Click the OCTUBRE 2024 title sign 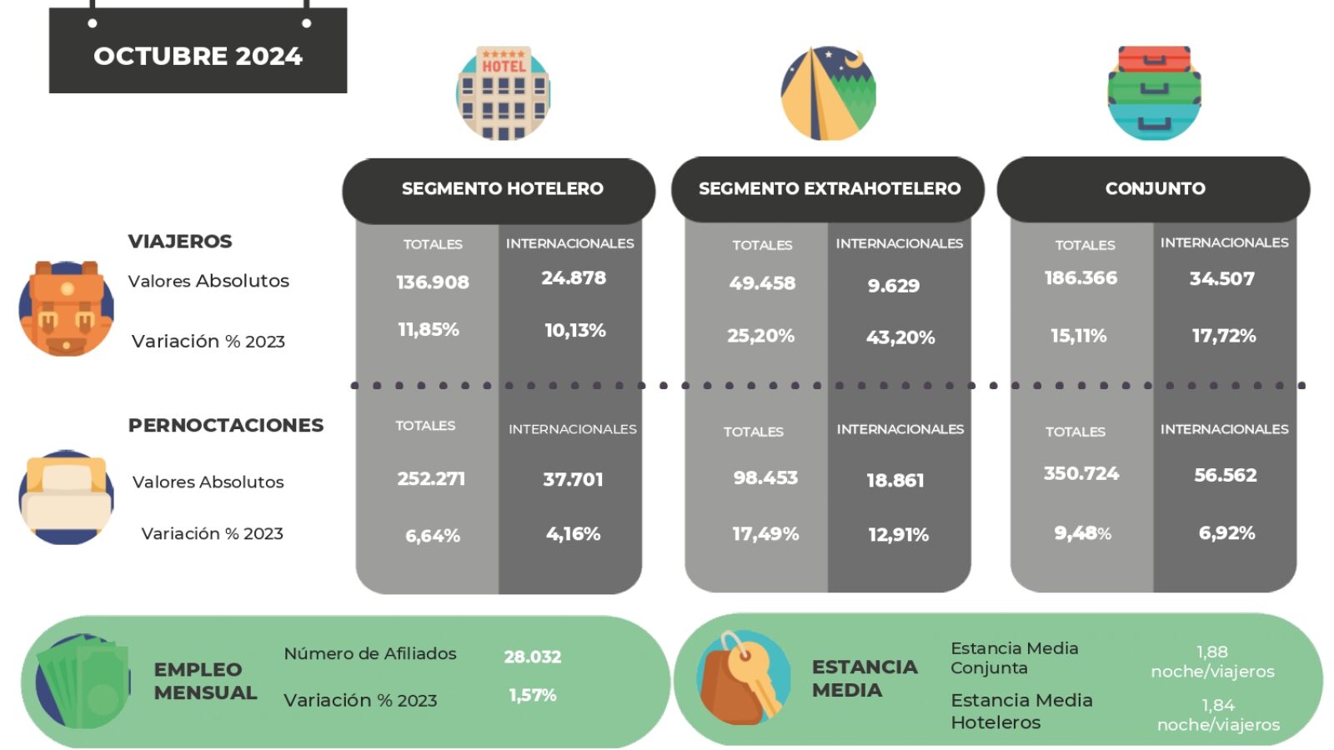point(198,55)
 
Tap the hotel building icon point(503,93)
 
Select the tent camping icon point(828,93)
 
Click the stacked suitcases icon point(1154,92)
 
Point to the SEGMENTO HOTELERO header point(502,188)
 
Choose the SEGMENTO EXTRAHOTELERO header point(829,188)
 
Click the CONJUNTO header point(1155,188)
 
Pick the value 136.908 point(432,282)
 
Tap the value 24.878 point(574,278)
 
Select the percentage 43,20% point(900,337)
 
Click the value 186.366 point(1081,278)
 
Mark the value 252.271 point(431,479)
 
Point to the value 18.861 point(895,481)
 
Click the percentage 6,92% point(1226,533)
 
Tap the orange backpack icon point(66,308)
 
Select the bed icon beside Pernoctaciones point(66,497)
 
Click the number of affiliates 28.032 point(532,657)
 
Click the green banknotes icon point(83,682)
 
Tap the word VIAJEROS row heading point(180,242)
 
